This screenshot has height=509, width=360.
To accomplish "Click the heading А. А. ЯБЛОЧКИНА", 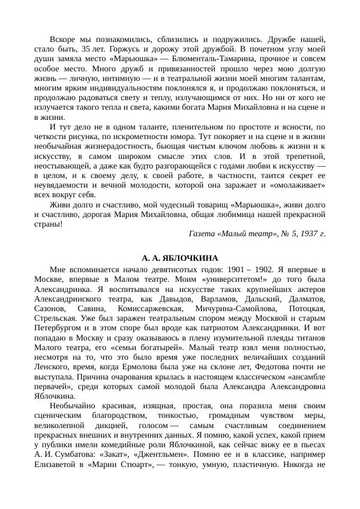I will click(180, 258).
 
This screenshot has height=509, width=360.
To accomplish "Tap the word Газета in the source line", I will click(203, 233).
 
